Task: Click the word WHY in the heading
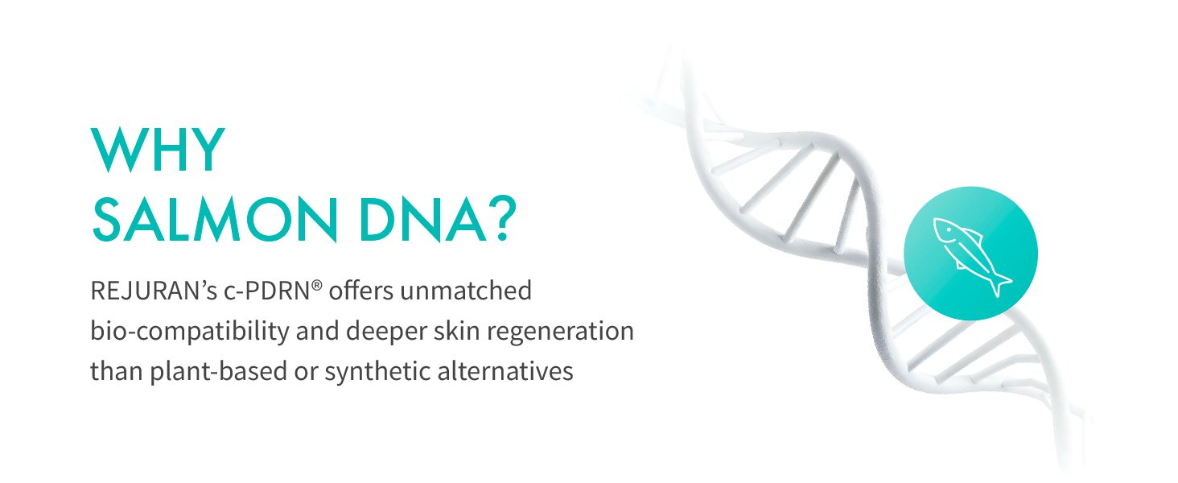158,150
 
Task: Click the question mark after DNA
503,218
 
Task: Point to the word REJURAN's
154,291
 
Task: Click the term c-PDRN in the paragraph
267,291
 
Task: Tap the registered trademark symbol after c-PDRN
316,286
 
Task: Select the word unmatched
466,291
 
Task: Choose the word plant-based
218,372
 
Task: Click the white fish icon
970,256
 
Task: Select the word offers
360,291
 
